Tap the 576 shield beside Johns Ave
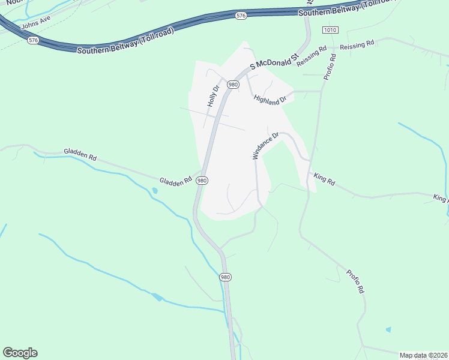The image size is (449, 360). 33,40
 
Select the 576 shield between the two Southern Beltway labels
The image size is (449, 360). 241,15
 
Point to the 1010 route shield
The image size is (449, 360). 330,30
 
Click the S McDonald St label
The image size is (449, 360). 274,61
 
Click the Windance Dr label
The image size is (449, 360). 266,146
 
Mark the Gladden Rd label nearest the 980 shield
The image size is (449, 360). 175,180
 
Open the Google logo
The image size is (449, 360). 20,353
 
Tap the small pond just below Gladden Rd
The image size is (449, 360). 155,191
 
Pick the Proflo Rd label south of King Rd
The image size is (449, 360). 355,281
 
